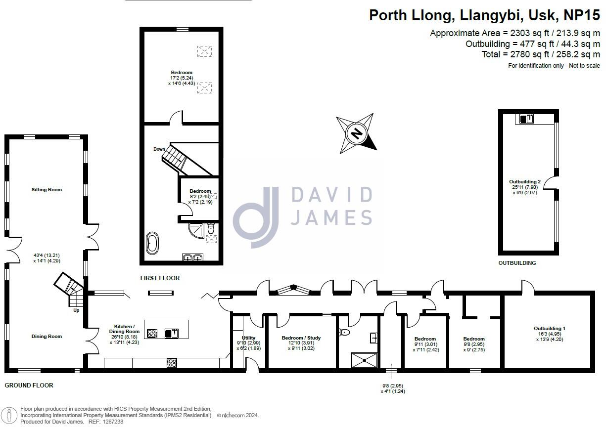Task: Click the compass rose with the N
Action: tap(356, 133)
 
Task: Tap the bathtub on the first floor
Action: tap(152, 243)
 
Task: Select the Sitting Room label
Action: tap(47, 190)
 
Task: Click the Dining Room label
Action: tap(47, 337)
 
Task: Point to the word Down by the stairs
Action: tap(159, 149)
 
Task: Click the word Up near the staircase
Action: tap(76, 310)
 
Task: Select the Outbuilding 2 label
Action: tap(525, 182)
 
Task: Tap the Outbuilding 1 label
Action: tap(550, 329)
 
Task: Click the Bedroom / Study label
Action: tap(301, 338)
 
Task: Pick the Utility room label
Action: tap(249, 338)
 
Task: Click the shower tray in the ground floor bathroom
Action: tap(364, 360)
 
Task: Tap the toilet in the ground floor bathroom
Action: tap(344, 332)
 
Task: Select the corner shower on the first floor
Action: tap(196, 230)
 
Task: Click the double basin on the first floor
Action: tap(192, 257)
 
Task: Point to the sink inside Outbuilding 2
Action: tap(526, 119)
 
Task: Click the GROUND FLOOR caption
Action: tap(29, 385)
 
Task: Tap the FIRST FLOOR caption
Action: tap(160, 278)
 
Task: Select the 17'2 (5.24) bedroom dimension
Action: tap(182, 78)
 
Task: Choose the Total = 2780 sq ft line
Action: tap(541, 54)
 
